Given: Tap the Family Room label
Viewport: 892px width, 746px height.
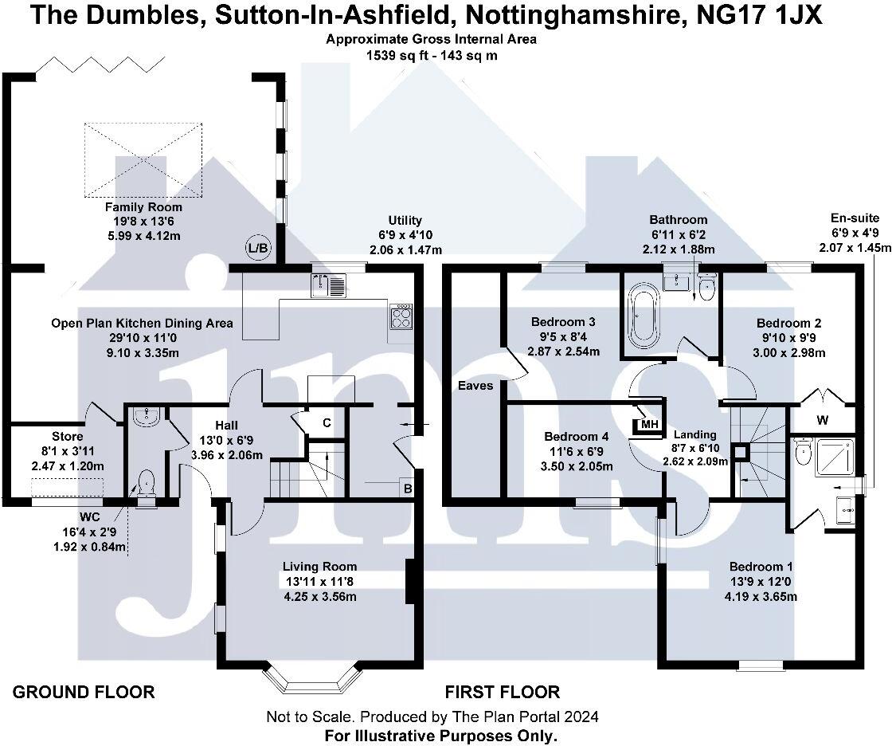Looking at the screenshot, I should tap(138, 207).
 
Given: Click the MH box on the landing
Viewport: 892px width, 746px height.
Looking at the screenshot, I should tap(649, 423).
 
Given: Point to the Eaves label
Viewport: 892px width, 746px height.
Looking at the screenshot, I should tap(475, 386).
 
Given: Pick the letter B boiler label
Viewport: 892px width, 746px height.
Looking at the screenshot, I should tap(407, 489).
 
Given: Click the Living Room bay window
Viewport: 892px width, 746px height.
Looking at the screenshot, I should tap(311, 677).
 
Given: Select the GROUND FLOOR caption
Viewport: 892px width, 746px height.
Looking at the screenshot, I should tap(84, 692).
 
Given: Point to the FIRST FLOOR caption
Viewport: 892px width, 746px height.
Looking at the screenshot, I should tap(503, 692).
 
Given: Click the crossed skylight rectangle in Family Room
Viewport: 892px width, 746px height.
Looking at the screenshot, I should tap(144, 159).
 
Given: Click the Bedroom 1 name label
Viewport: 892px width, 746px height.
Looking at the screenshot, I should tap(761, 567).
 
